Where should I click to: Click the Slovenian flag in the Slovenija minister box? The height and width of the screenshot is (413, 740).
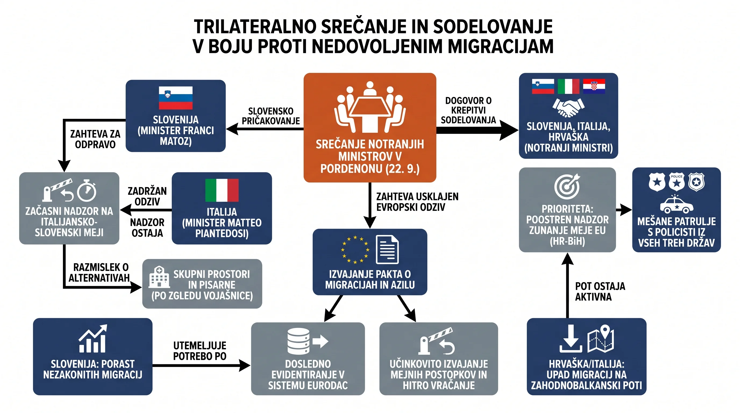[176, 98]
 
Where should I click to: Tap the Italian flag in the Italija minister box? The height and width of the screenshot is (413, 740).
[222, 190]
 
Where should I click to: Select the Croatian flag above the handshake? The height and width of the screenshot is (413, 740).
[594, 86]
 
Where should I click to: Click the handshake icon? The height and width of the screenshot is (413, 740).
[568, 108]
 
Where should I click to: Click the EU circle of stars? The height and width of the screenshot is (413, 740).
[355, 249]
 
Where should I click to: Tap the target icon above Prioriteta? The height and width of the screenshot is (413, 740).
[567, 186]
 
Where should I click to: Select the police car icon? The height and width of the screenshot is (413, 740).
[677, 205]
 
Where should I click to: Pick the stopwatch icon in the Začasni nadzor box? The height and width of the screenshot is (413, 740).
[87, 190]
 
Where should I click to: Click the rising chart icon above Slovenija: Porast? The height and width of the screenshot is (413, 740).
[93, 339]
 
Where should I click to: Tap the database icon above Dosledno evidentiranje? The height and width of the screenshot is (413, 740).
[298, 341]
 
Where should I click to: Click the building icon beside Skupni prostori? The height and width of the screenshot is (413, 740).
[159, 277]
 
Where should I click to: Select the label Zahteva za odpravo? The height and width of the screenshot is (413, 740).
[95, 139]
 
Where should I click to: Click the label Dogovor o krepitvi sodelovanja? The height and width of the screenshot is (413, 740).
[468, 110]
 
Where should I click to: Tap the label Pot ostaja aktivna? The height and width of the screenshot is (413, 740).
[600, 291]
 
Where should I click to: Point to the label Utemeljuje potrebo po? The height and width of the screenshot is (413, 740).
[200, 351]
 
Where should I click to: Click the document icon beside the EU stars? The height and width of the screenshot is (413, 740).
[387, 249]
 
